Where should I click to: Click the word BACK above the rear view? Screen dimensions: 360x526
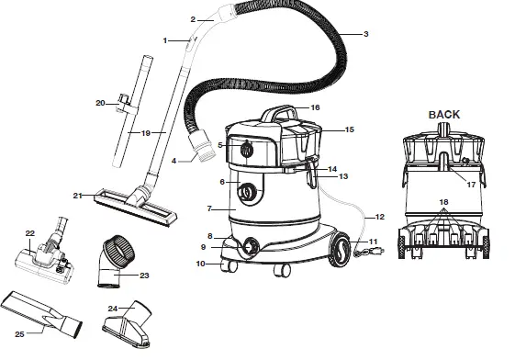tap(442, 115)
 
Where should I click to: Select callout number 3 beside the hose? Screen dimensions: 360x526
tap(365, 34)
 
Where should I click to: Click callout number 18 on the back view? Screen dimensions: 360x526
tap(445, 201)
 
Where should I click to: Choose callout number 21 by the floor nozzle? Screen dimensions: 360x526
tap(78, 196)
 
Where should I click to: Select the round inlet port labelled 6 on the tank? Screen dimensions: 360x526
tap(247, 193)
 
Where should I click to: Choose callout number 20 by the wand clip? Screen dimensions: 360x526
tap(101, 103)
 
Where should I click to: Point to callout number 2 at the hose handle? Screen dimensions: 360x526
tap(194, 19)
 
